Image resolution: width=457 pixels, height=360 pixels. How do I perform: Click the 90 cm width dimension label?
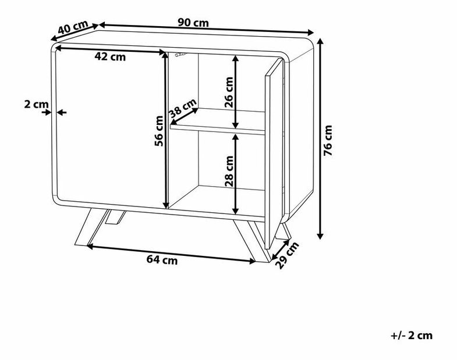(193, 23)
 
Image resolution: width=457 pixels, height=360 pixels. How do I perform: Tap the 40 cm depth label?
(73, 27)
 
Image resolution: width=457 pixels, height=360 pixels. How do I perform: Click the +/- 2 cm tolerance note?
(412, 336)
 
